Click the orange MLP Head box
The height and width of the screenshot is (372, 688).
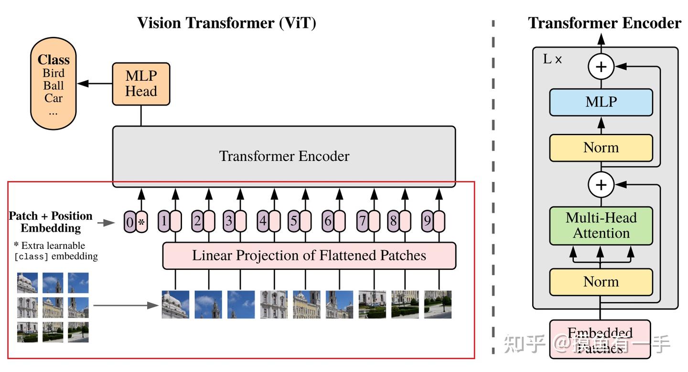(141, 84)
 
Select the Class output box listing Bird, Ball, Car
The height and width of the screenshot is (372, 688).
(54, 84)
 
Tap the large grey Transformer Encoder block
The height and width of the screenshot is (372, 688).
(284, 156)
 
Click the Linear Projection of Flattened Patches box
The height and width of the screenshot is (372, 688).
(309, 255)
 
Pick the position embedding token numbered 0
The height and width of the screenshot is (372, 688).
(129, 222)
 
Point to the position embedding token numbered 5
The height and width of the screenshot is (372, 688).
(294, 222)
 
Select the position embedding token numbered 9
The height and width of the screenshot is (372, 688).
(427, 222)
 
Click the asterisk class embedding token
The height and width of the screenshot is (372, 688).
(141, 222)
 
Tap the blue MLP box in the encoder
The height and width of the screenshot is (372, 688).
(601, 102)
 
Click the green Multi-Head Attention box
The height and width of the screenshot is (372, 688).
(601, 225)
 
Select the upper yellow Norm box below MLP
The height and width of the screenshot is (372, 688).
(601, 148)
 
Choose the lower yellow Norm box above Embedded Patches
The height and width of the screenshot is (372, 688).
(601, 282)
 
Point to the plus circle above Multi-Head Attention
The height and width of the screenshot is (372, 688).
(601, 184)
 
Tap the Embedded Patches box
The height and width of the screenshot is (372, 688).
(601, 339)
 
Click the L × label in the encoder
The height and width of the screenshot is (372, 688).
(552, 60)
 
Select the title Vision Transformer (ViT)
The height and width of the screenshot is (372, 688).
(226, 23)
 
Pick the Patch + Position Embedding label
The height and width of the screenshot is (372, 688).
(51, 222)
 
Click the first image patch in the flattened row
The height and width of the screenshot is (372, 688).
(175, 304)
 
